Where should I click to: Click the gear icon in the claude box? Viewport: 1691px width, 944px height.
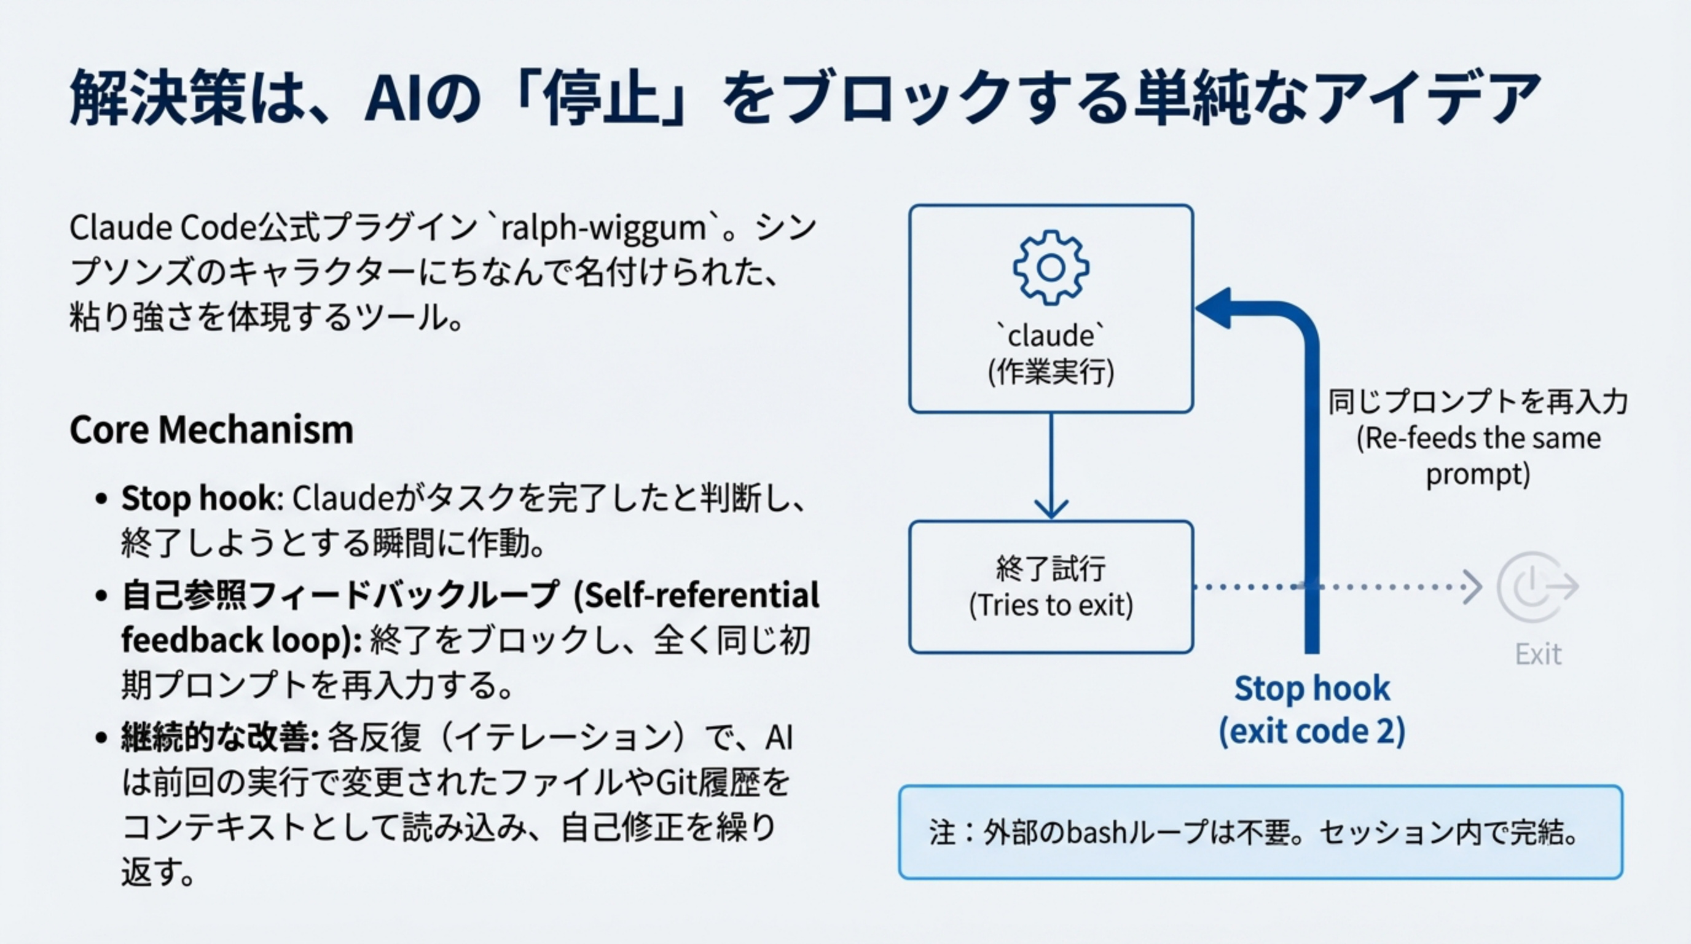(x=1051, y=267)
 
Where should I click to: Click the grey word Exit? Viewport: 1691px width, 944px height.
(x=1537, y=655)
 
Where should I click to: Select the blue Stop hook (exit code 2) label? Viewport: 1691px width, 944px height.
(x=1312, y=710)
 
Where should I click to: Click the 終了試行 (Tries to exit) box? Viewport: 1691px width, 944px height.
(x=1051, y=586)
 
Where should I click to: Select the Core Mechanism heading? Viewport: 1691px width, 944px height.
(x=211, y=430)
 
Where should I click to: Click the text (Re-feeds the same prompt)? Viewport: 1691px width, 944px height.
(x=1478, y=455)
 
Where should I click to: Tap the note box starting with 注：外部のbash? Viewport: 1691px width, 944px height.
(x=1260, y=832)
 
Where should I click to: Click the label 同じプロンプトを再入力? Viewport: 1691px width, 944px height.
(x=1478, y=402)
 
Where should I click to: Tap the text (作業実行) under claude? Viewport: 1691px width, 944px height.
(x=1051, y=373)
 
